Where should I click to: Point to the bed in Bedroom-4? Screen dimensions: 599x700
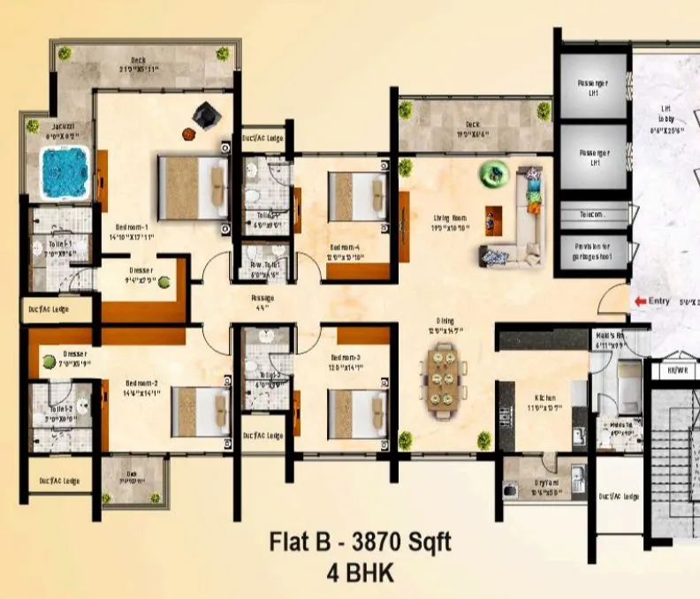click(x=356, y=197)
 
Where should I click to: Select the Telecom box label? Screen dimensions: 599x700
click(x=592, y=215)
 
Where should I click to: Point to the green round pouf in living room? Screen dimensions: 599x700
click(x=491, y=173)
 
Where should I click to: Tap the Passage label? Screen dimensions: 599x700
click(x=262, y=299)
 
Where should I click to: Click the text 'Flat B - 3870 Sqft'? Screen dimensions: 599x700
click(x=360, y=542)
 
